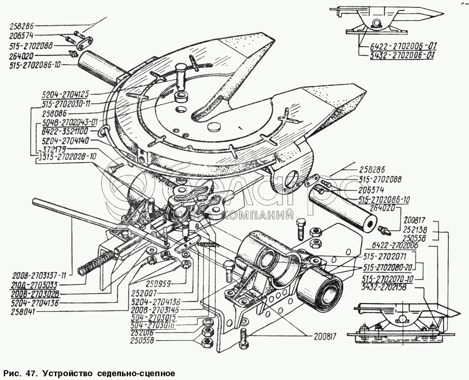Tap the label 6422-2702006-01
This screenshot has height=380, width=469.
399,46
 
